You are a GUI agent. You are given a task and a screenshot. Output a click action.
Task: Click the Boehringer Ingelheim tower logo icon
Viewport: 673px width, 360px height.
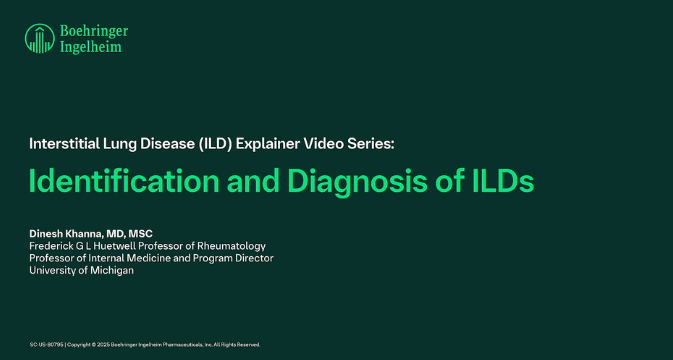coord(39,39)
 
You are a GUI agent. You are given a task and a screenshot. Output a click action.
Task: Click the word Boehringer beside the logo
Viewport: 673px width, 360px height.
coord(93,31)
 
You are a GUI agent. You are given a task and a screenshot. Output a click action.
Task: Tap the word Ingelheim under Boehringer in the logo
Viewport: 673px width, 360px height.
coord(89,47)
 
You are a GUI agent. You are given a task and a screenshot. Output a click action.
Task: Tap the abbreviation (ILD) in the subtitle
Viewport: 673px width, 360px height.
coord(216,143)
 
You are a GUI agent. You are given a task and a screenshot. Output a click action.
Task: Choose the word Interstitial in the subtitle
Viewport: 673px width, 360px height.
coord(64,143)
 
